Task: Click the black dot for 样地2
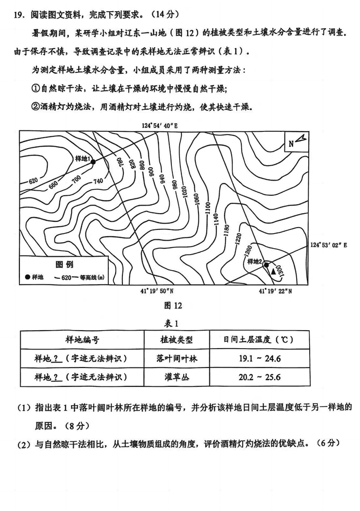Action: pyautogui.click(x=266, y=264)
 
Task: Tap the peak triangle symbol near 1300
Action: pyautogui.click(x=273, y=271)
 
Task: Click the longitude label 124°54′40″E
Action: pyautogui.click(x=159, y=126)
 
